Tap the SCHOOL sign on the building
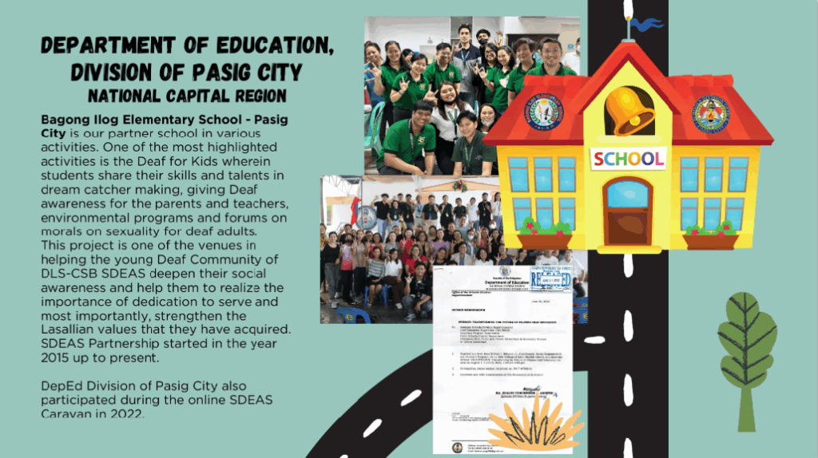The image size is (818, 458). point(629,157)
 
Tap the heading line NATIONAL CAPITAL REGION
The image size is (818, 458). point(187,97)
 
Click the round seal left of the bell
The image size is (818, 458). point(546,114)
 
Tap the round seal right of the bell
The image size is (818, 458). point(711,114)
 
